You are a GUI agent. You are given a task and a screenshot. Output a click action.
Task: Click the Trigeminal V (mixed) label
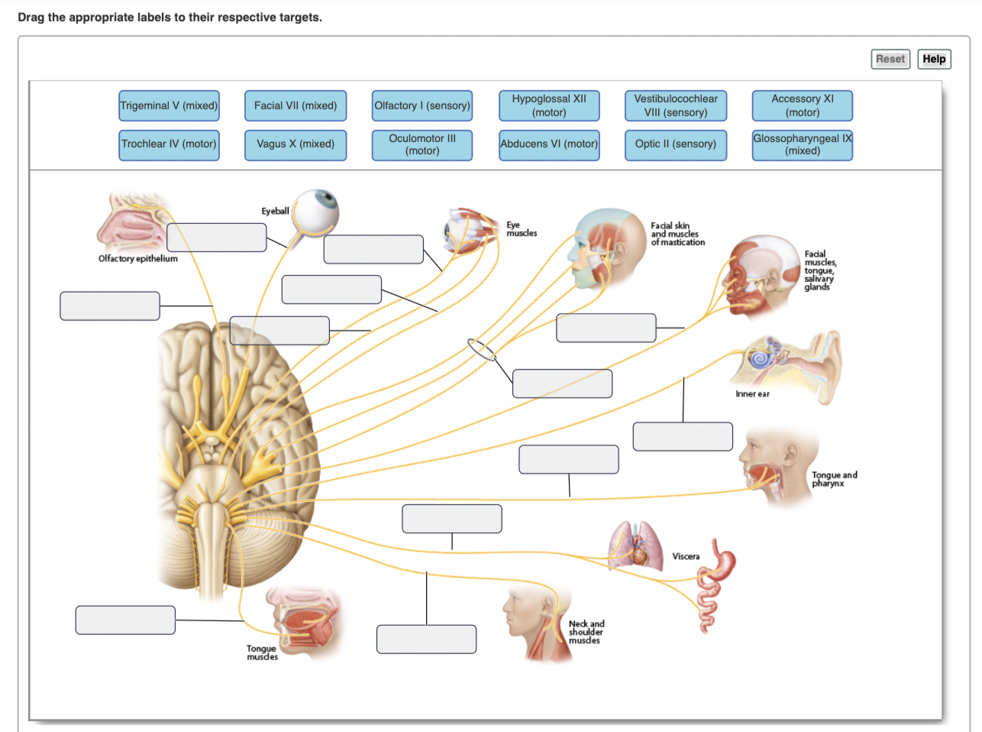[169, 105]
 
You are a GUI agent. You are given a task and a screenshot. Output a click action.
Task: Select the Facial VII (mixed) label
[296, 105]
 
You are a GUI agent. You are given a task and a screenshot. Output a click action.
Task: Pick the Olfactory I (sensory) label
[422, 105]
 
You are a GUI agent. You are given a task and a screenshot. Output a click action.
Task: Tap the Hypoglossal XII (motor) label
[549, 105]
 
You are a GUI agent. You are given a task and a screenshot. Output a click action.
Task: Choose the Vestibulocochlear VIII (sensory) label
[676, 105]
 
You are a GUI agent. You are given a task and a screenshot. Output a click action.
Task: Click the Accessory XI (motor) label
[802, 105]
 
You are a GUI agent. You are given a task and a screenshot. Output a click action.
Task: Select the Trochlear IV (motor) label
[169, 144]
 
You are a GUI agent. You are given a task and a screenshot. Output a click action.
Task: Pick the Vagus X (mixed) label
[296, 144]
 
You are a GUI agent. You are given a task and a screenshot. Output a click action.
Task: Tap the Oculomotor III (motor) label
[422, 144]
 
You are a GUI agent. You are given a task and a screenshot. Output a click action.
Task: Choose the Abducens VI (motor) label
[549, 144]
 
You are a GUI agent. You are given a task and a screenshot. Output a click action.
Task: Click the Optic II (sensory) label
[676, 144]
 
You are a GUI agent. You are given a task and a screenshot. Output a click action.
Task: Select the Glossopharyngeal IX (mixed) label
[802, 144]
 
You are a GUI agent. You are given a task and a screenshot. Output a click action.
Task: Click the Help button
[934, 59]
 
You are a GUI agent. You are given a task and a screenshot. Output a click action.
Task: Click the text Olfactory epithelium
[138, 259]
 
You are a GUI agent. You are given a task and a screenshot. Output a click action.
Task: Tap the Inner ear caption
[752, 394]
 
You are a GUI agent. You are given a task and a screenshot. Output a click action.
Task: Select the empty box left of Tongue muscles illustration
[125, 620]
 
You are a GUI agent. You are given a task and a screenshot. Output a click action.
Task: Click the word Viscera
[686, 556]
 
